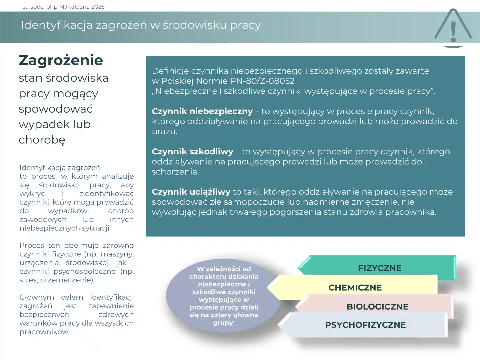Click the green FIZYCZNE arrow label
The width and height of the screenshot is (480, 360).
[x=379, y=268]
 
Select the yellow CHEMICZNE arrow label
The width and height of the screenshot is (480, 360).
[x=355, y=288]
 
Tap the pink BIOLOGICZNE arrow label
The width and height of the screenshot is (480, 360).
[x=377, y=307]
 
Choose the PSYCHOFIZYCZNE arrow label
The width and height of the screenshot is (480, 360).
[x=365, y=325]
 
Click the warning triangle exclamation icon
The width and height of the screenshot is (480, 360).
[x=453, y=28]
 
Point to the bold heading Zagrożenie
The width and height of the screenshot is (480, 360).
[x=61, y=60]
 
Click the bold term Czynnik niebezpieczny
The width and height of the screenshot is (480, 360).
[x=202, y=111]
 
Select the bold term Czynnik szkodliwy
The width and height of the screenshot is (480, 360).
[x=192, y=152]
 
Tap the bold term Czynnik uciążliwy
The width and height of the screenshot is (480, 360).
[x=191, y=192]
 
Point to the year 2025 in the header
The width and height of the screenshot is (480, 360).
[x=98, y=7]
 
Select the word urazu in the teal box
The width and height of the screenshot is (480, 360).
[x=164, y=132]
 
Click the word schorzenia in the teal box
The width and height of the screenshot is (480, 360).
[x=175, y=172]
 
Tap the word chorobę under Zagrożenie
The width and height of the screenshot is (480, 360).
[x=42, y=140]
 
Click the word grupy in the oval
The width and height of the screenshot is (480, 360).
[x=223, y=323]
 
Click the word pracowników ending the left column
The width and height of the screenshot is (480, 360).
[x=44, y=332]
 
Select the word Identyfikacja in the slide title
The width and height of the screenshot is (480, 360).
[x=56, y=25]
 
